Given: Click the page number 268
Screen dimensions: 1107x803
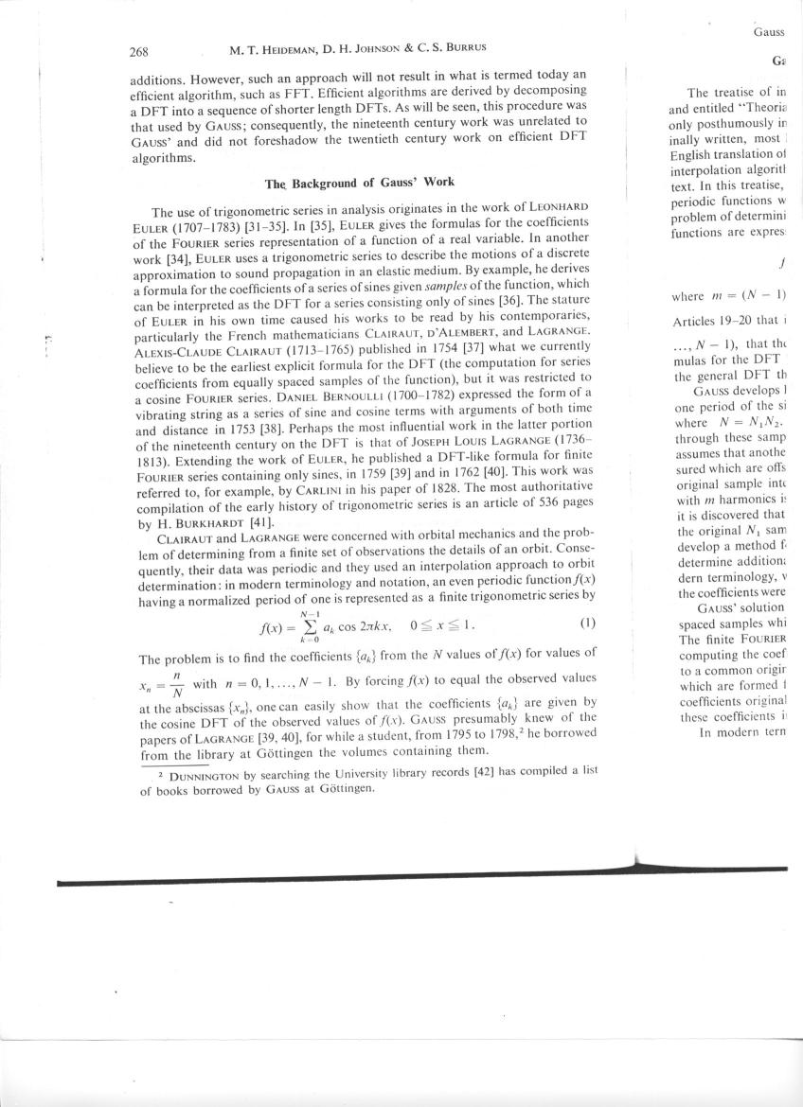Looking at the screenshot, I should [x=141, y=50].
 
